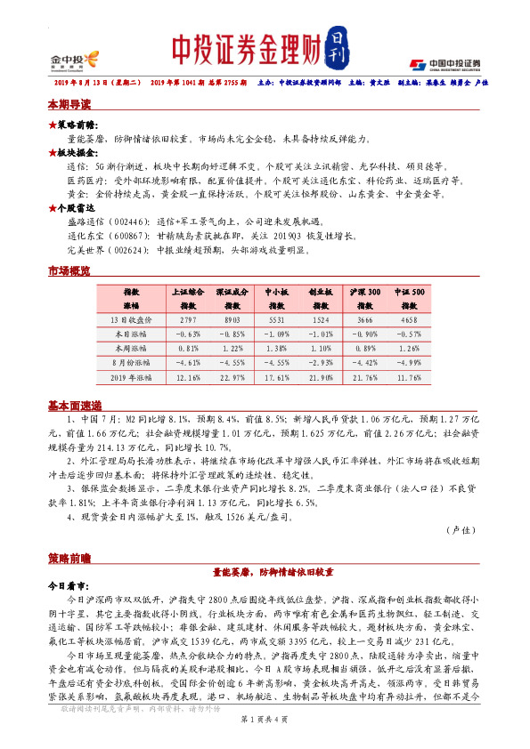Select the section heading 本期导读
[x=69, y=104]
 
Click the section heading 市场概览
[x=69, y=270]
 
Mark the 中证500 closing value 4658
[x=410, y=318]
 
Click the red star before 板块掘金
[x=53, y=153]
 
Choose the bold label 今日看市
[x=67, y=587]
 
